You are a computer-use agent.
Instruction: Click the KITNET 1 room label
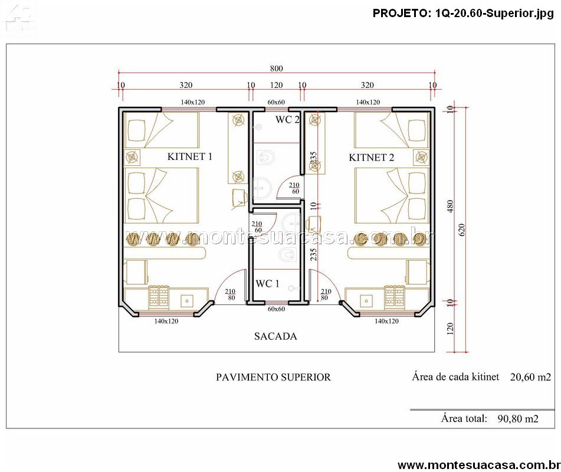coord(189,156)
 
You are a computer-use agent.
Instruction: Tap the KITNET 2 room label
coord(372,158)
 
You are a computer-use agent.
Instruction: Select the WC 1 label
coord(267,284)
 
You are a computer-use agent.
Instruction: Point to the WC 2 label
coord(287,120)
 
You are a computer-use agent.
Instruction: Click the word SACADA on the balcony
coord(275,336)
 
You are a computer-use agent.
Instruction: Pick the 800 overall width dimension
coord(276,68)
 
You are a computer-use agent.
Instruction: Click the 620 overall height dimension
coord(461,230)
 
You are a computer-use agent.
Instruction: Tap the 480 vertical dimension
coord(450,206)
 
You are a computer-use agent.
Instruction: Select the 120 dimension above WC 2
coord(276,85)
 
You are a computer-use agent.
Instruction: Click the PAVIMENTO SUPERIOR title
coord(273,377)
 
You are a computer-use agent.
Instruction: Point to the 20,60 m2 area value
coord(530,377)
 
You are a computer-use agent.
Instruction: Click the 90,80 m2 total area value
coord(518,419)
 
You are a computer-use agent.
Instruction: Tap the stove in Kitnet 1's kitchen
coord(159,296)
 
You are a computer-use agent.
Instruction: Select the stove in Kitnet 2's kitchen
coord(394,297)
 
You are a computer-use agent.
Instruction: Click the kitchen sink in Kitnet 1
coord(187,301)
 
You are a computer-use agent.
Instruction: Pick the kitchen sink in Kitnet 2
coord(366,301)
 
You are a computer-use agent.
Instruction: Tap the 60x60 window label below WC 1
coord(276,309)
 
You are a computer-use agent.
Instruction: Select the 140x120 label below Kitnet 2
coord(386,321)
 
